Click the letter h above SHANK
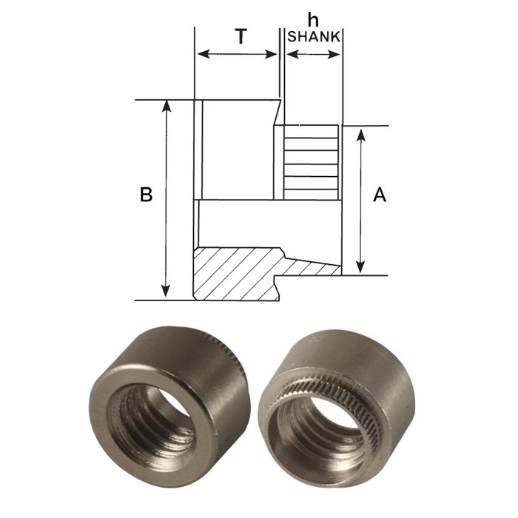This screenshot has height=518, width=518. [314, 21]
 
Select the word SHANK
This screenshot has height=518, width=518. [314, 36]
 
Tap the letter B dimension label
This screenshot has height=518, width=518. [147, 195]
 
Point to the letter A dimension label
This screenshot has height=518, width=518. [380, 195]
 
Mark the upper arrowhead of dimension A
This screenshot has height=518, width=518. [361, 134]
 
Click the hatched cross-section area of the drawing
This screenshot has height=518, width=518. [237, 274]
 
